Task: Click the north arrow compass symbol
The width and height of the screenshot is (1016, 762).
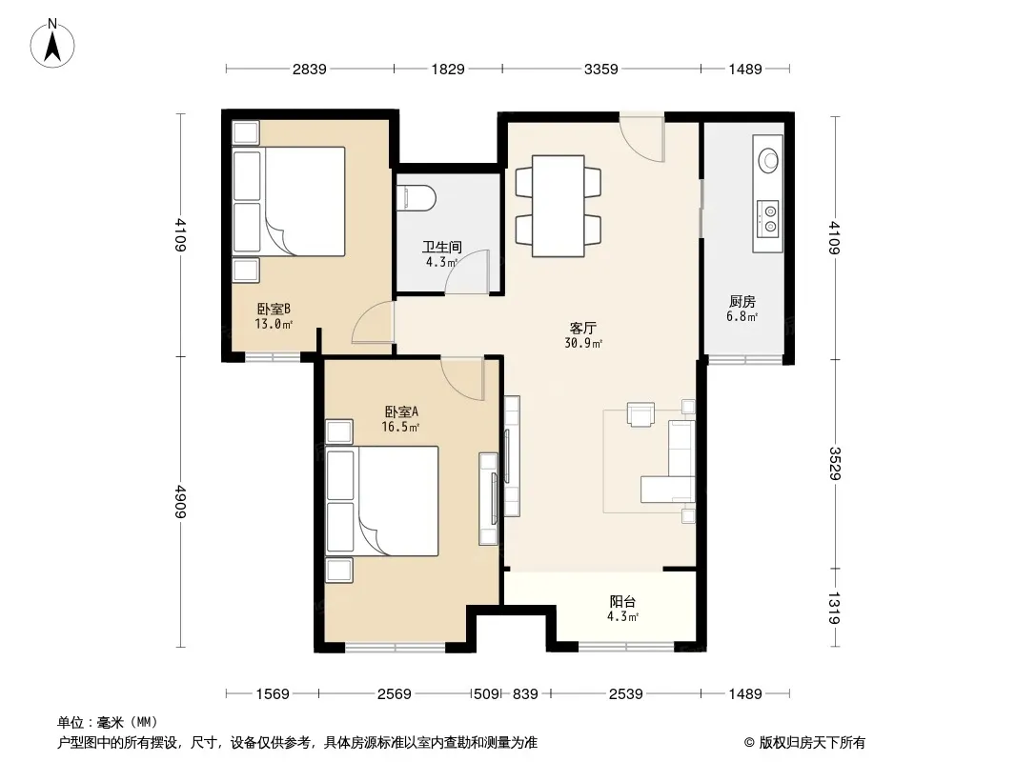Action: [52, 44]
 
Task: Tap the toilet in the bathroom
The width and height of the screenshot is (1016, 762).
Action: [415, 198]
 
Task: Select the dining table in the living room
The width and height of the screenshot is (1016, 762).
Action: [559, 206]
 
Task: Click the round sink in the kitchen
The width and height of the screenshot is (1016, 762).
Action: [768, 159]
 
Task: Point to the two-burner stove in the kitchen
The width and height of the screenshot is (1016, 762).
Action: [768, 217]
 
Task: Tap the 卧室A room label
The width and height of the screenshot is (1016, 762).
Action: [401, 411]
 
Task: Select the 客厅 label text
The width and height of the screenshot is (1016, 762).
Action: [582, 329]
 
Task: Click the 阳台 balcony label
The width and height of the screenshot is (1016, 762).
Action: [622, 601]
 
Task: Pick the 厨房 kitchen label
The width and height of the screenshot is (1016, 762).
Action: [742, 302]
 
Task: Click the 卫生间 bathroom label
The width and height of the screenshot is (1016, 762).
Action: [442, 247]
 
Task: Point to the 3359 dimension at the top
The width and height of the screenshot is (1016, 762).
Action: [600, 69]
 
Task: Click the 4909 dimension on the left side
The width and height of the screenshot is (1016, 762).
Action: [180, 502]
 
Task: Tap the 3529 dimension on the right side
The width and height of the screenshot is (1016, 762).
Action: [835, 464]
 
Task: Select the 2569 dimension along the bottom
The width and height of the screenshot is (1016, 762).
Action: [394, 694]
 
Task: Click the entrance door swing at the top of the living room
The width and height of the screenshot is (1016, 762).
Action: [641, 138]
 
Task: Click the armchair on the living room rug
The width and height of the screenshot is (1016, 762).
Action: [640, 414]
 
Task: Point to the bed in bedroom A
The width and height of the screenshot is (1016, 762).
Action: [382, 500]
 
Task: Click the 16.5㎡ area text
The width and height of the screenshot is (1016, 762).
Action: [400, 427]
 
